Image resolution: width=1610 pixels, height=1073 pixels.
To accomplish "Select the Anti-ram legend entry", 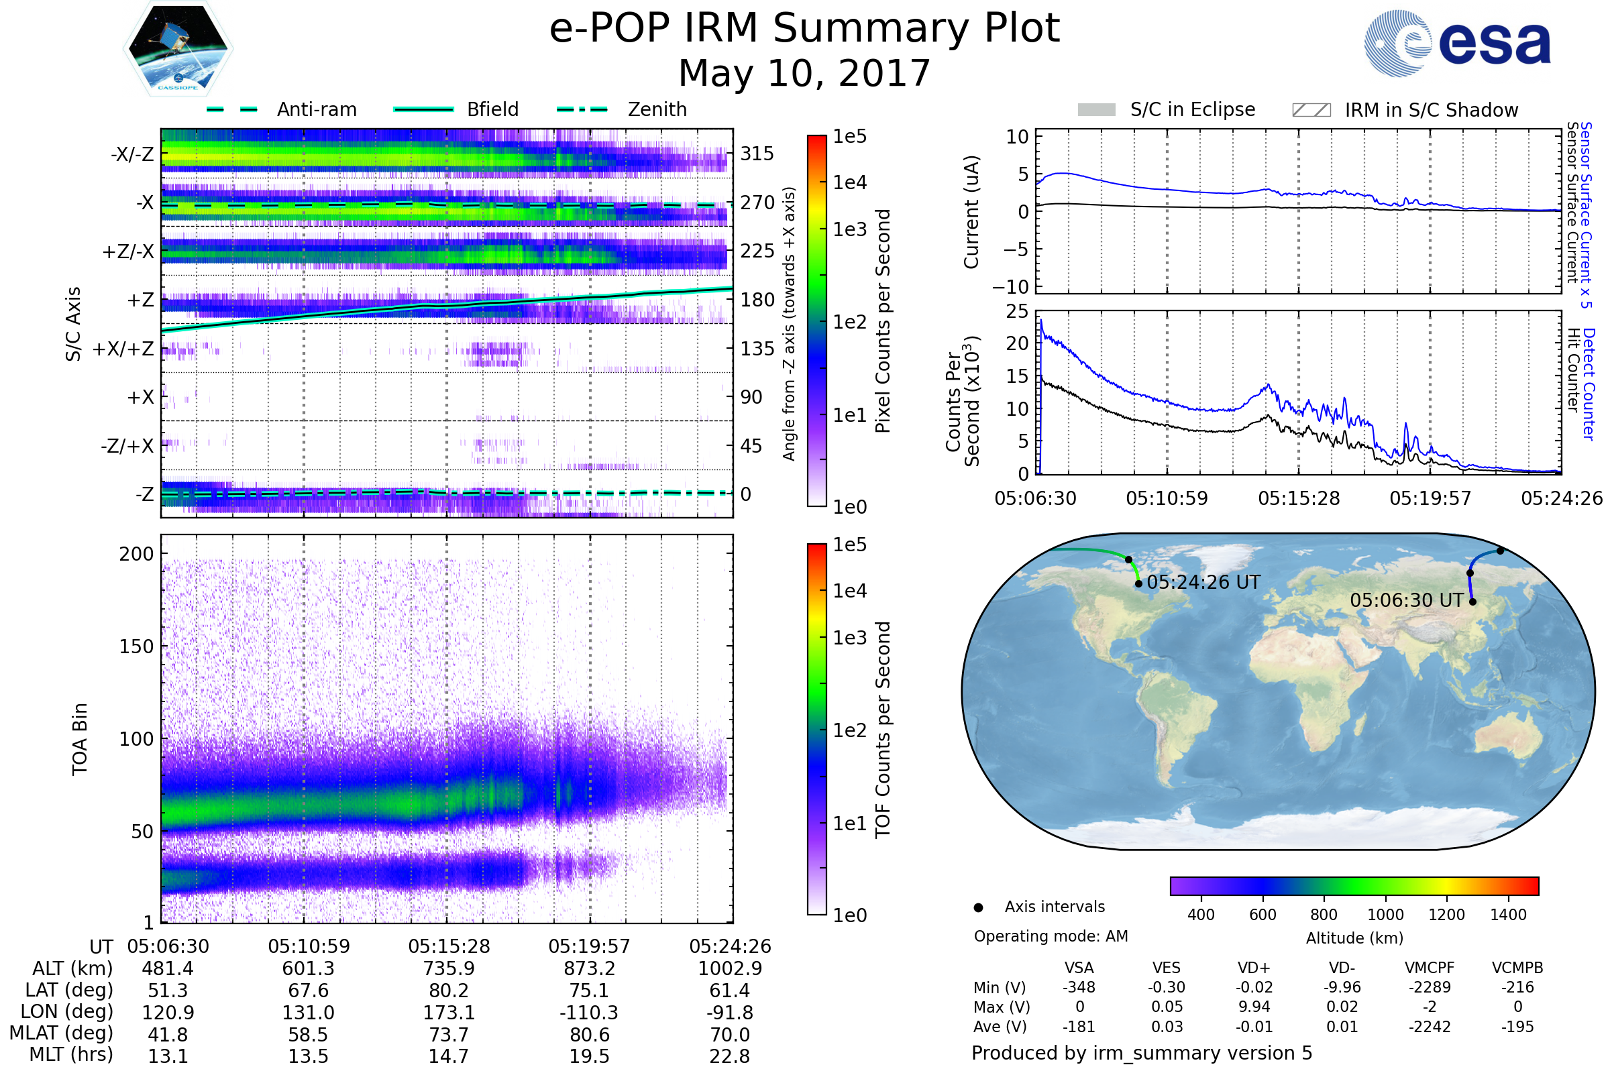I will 316,109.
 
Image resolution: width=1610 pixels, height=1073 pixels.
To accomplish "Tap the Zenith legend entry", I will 657,109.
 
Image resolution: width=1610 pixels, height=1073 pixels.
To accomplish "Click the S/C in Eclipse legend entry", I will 1192,109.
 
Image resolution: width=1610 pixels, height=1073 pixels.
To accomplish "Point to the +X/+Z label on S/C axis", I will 123,349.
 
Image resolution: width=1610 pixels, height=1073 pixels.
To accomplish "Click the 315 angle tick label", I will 757,154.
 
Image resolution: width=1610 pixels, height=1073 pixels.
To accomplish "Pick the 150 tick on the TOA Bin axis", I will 136,646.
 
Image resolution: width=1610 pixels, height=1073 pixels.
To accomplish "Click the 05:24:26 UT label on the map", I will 1203,582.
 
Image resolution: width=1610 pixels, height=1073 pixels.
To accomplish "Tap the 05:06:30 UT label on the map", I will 1406,601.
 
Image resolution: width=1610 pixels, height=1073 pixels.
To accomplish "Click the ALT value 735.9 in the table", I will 448,969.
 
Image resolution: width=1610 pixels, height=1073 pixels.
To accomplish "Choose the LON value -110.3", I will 589,1013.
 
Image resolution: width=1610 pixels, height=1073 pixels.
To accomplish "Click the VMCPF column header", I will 1430,968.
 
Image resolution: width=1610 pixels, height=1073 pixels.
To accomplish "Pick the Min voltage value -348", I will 1079,987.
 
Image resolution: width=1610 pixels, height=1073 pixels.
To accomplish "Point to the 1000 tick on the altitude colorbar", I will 1385,915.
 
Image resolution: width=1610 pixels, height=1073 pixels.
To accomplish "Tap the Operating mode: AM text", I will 1051,936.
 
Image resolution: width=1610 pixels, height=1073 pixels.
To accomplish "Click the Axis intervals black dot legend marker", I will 979,907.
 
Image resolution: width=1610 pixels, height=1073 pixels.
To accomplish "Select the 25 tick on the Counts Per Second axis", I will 1017,312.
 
